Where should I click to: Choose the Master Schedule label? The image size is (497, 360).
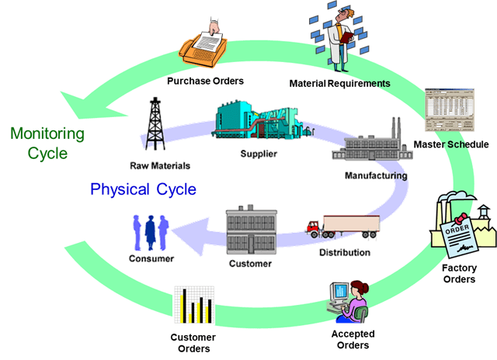pyautogui.click(x=451, y=144)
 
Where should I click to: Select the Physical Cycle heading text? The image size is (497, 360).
pyautogui.click(x=144, y=189)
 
